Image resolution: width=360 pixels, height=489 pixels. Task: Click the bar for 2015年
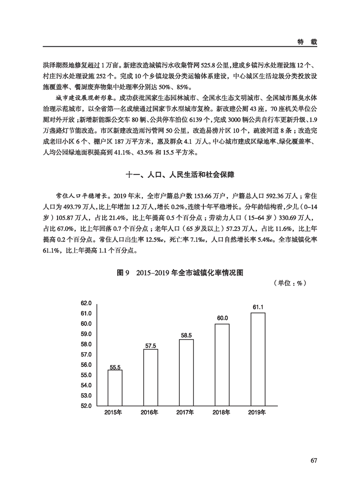pos(115,388)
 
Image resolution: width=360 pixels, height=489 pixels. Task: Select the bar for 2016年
pos(150,377)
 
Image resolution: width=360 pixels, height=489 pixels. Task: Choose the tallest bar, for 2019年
pos(258,359)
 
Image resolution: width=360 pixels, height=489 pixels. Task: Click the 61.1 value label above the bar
pos(258,307)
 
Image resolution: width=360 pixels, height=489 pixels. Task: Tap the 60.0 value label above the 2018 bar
pos(222,318)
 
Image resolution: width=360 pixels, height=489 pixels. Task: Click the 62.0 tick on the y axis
pos(86,303)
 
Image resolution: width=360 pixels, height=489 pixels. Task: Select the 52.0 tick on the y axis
pos(86,406)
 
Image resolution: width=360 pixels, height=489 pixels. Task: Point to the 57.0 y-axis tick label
pos(86,355)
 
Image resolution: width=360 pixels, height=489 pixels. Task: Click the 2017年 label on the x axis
pos(186,412)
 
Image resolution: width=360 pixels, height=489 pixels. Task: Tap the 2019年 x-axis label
pos(258,412)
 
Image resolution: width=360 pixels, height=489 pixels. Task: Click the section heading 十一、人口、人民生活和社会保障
pos(180,174)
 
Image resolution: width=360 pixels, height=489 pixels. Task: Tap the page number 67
pos(313,460)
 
